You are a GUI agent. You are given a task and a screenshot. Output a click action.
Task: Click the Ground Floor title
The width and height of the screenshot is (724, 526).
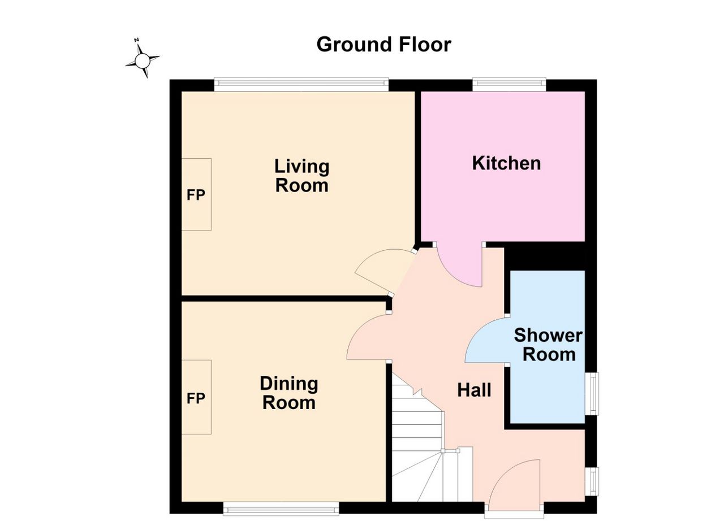[x=383, y=45]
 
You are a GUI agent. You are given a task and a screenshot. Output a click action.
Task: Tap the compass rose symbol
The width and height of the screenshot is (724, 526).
[x=142, y=60]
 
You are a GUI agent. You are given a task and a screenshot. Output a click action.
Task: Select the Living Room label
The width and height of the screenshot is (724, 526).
[x=302, y=176]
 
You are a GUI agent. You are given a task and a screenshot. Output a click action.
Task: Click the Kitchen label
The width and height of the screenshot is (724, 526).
[x=506, y=163]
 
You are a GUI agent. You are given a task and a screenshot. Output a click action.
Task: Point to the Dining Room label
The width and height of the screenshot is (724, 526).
[x=289, y=393]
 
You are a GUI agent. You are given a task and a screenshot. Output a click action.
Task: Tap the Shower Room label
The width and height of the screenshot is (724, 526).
[x=548, y=345]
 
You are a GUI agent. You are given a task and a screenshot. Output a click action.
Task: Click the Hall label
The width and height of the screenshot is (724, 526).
[x=474, y=390]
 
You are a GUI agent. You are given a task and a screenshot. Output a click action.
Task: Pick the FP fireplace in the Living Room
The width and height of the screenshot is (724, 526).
[x=196, y=194]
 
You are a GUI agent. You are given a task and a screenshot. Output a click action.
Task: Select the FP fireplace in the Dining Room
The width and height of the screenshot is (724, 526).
[x=196, y=397]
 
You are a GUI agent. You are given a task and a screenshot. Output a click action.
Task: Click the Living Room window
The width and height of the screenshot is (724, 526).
[x=301, y=84]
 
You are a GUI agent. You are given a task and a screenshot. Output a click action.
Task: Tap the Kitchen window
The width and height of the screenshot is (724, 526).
[x=510, y=84]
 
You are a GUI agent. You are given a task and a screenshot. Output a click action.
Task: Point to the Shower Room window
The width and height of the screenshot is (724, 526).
[x=592, y=394]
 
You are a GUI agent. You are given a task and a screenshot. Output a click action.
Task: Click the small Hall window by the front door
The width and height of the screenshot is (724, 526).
[x=592, y=481]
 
